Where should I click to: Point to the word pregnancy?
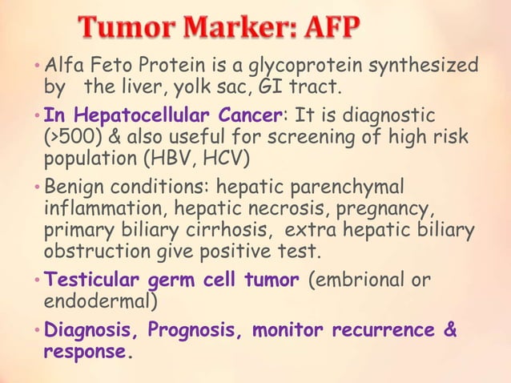386,209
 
